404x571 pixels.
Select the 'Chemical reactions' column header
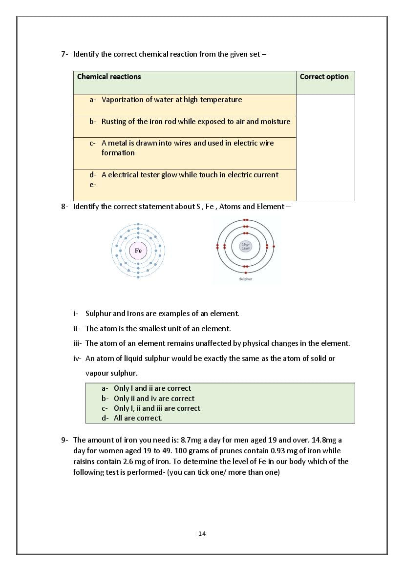109,77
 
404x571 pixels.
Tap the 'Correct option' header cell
324,77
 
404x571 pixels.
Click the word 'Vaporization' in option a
122,100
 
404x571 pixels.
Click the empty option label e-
92,185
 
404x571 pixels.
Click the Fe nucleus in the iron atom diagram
138,251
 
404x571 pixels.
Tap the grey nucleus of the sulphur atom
246,246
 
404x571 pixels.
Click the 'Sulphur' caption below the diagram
246,279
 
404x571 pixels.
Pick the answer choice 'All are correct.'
138,418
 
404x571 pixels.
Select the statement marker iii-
78,343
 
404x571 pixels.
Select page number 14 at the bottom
202,534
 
